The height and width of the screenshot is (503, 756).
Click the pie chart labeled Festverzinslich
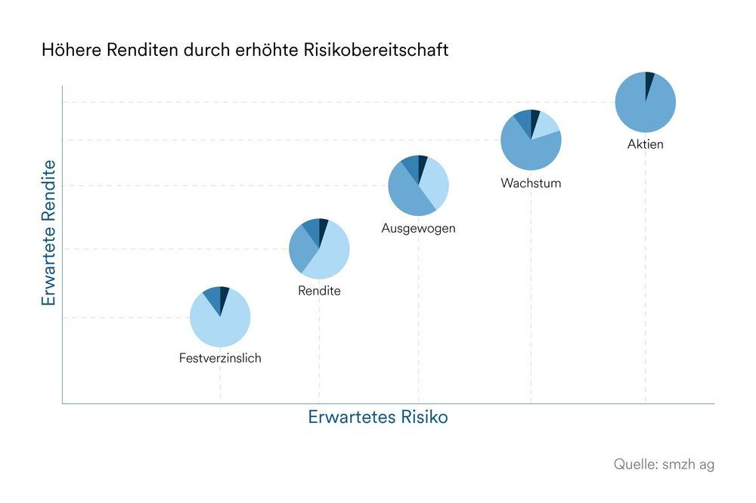pos(220,316)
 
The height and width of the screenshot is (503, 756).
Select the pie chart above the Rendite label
pos(319,248)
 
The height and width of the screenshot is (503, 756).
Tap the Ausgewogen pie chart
pos(418,185)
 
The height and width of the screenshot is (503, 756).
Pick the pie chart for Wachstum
pos(531,140)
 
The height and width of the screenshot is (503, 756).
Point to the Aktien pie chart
pos(645,102)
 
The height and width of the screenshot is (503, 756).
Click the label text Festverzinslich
pos(220,358)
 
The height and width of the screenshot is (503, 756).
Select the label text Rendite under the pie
pos(319,291)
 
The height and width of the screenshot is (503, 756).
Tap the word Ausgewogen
pos(418,228)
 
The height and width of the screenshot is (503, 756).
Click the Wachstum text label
pos(531,183)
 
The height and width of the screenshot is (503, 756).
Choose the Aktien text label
pos(645,144)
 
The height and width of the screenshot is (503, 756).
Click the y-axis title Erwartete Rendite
pos(49,232)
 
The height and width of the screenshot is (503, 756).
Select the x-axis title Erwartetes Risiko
pos(377,417)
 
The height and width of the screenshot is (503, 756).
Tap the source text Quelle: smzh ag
pos(663,464)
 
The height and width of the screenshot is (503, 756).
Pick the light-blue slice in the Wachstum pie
pos(547,125)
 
